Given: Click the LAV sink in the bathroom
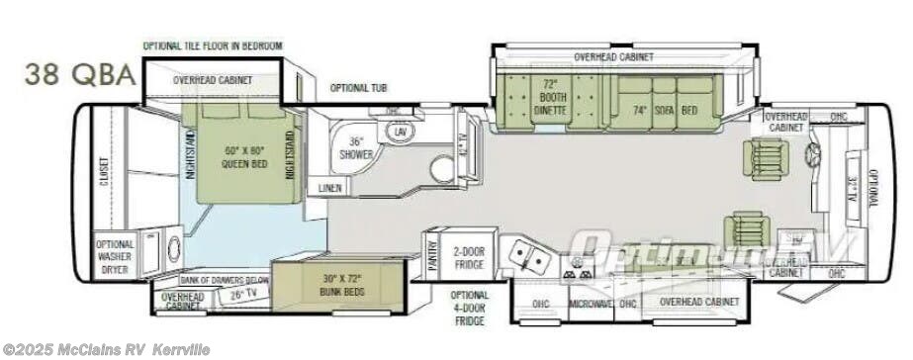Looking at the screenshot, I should click(401, 133).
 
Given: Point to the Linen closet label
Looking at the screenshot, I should click(329, 188).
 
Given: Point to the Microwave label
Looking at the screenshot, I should click(590, 304).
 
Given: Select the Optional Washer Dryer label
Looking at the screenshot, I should click(114, 256).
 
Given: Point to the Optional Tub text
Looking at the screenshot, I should click(358, 87).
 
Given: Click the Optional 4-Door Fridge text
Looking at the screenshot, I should click(469, 308).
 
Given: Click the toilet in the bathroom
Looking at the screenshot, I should click(442, 168).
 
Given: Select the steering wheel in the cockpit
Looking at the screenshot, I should click(816, 154).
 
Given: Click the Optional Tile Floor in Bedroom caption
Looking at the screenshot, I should click(213, 45).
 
